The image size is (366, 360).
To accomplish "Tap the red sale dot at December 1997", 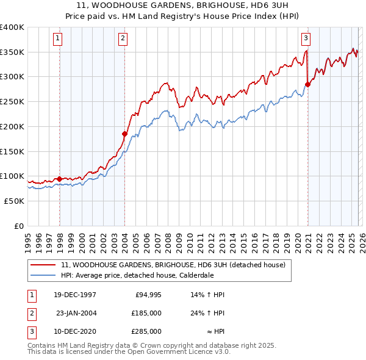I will click(x=59, y=179).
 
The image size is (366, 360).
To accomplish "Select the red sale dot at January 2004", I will click(x=124, y=134).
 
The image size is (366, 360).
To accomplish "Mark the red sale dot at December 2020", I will click(x=307, y=85).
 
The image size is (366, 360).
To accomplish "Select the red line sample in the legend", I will click(x=44, y=265).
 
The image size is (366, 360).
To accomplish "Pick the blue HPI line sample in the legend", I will click(x=44, y=275).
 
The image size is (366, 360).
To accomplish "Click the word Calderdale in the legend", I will click(x=196, y=275).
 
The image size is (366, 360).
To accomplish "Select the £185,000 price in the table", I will click(x=146, y=312).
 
